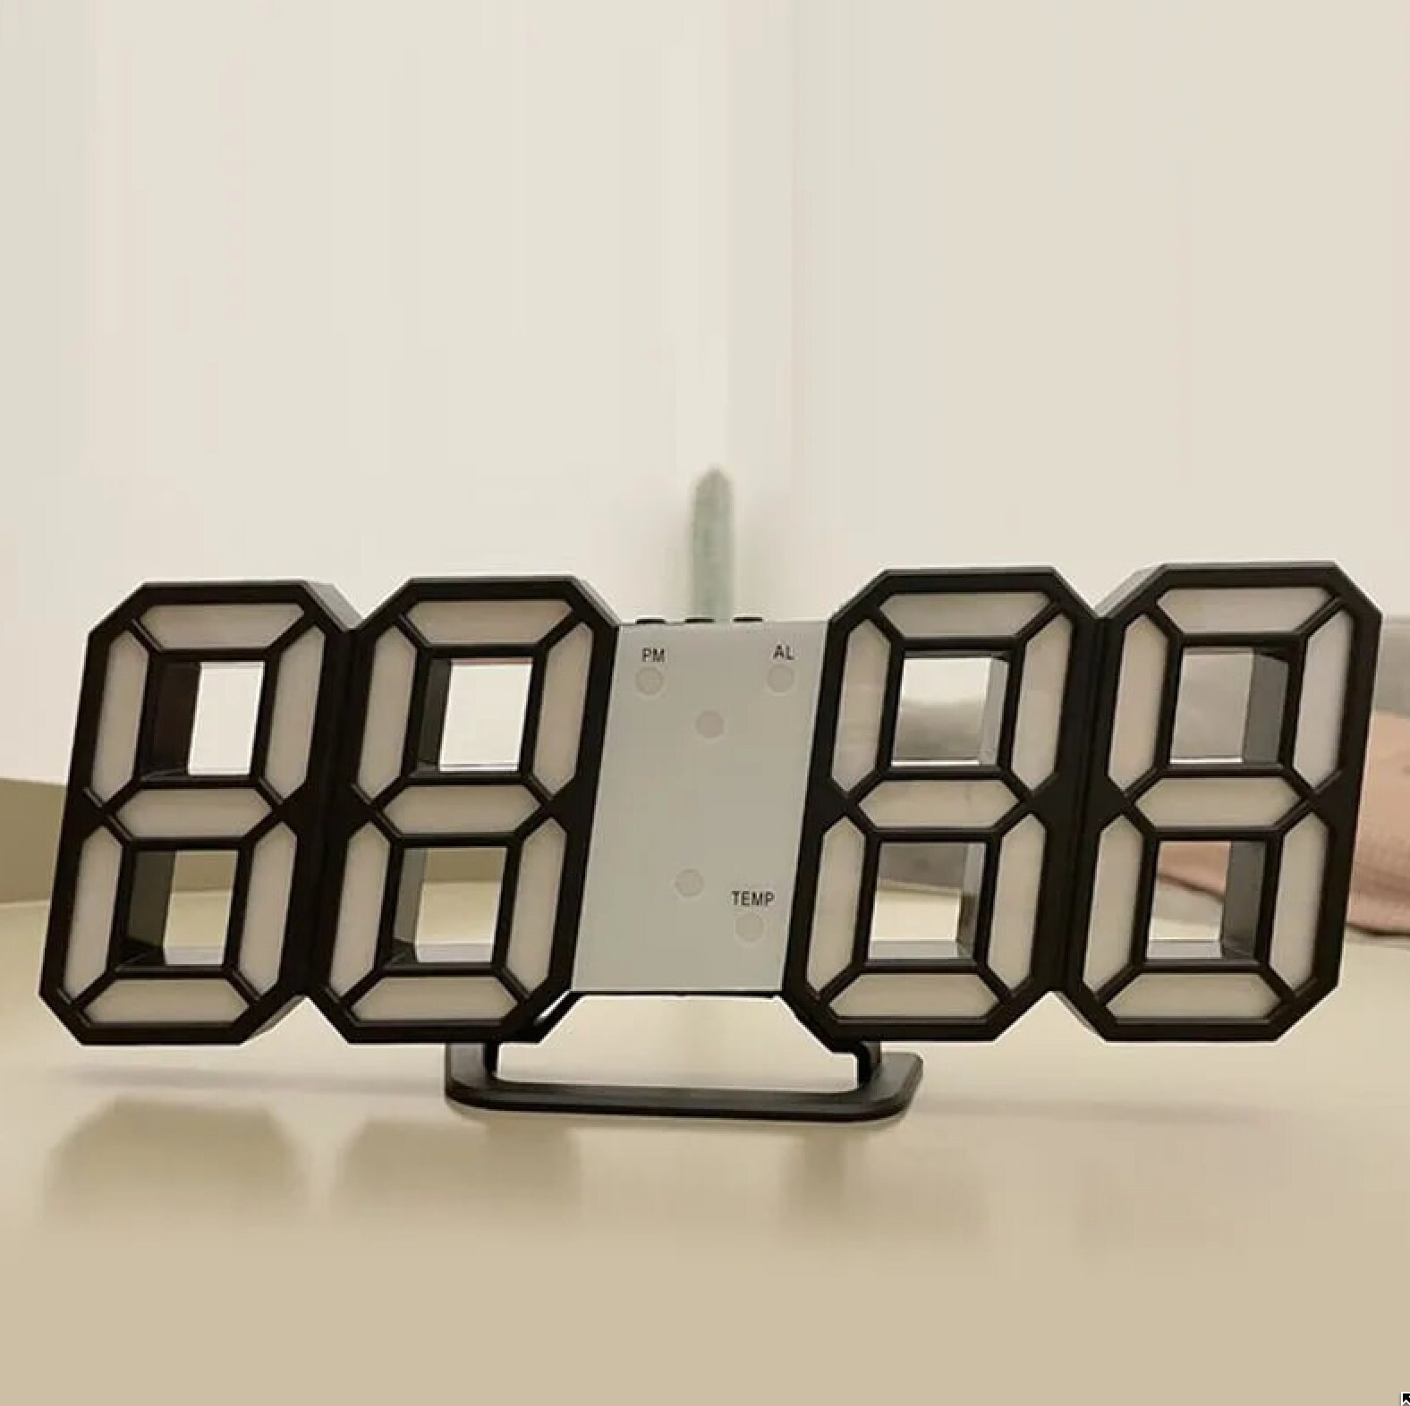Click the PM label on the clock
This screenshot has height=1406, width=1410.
tap(653, 655)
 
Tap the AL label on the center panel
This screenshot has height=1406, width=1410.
tap(784, 652)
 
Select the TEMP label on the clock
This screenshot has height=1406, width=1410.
tap(753, 898)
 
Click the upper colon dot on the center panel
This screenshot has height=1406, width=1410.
tap(710, 724)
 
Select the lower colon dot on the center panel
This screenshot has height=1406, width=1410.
tap(689, 884)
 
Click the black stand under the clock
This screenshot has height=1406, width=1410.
tap(684, 1080)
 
